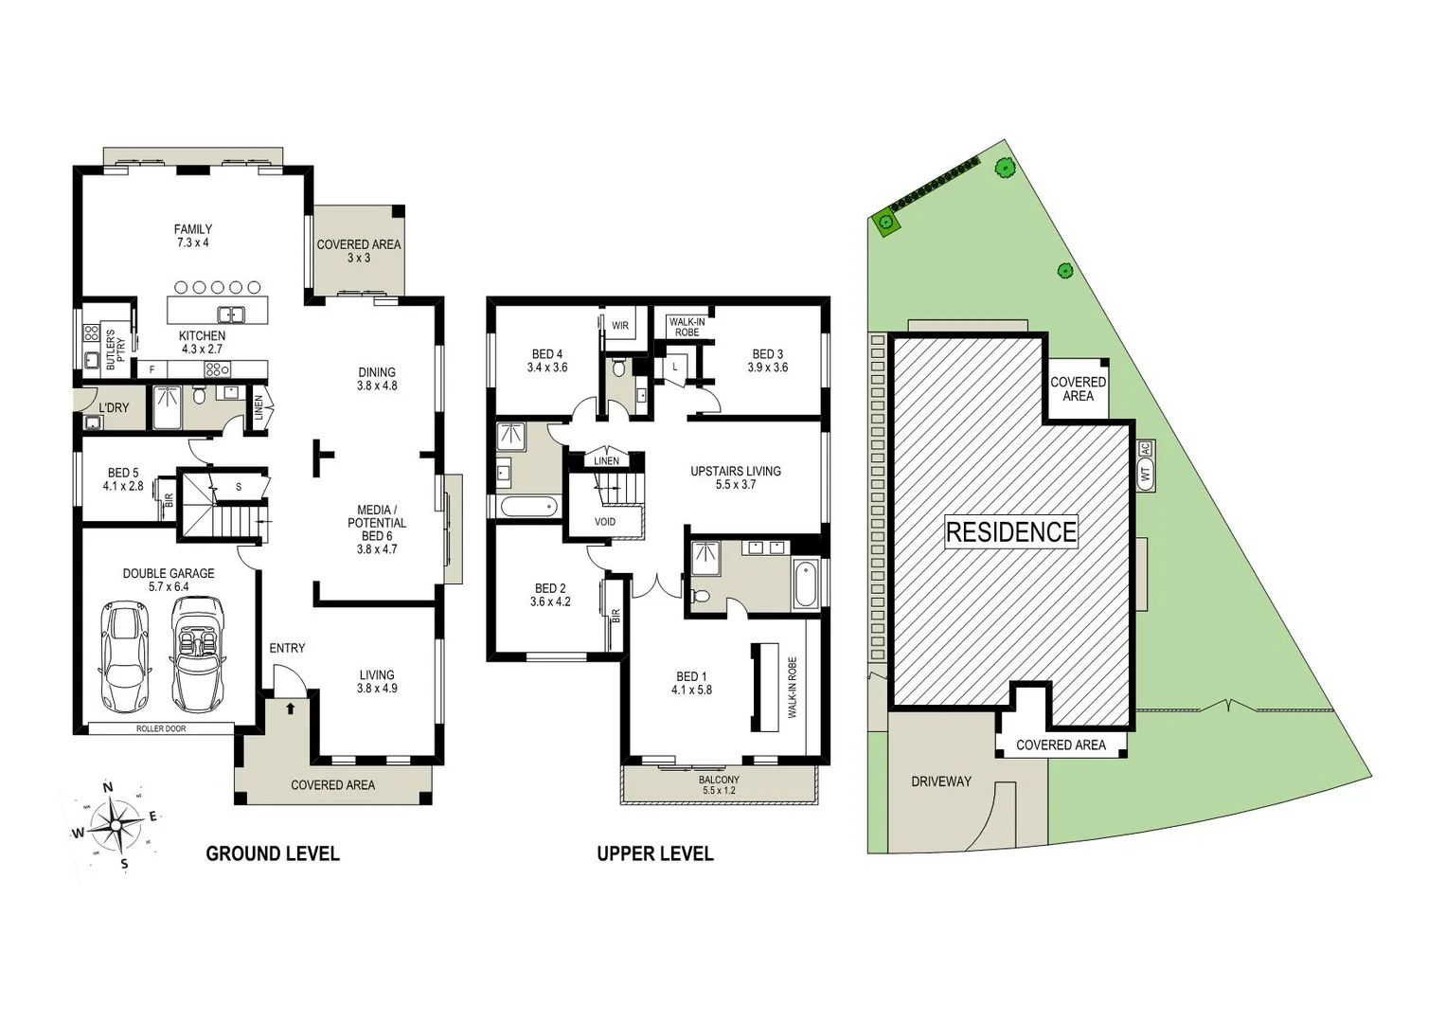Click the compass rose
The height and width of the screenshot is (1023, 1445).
coord(115,825)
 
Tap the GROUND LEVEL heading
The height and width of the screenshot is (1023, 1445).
coord(272,853)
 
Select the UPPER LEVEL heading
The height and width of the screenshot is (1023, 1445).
coord(654,853)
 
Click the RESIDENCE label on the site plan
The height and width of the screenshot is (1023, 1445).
coord(1010,531)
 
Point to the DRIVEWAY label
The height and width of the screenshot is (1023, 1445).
coord(940,781)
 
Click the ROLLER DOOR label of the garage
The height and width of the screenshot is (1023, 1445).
coord(161,728)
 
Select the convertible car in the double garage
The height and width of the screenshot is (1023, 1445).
coord(197,655)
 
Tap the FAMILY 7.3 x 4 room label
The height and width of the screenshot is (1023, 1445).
coord(192,236)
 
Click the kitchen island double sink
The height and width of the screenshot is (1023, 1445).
coord(231,314)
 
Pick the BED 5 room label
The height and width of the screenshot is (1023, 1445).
coord(123,479)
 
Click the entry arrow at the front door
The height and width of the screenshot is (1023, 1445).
coord(291,708)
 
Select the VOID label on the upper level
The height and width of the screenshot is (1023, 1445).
coord(605,522)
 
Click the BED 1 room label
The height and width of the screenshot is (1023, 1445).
coord(691,683)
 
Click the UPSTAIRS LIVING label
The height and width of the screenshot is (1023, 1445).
coord(735,477)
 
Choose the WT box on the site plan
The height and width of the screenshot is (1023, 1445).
coord(1146,475)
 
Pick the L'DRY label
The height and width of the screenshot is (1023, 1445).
coord(114,408)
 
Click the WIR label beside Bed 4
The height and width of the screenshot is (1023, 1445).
coord(619,326)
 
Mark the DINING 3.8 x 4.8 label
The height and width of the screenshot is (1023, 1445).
coord(376,379)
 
